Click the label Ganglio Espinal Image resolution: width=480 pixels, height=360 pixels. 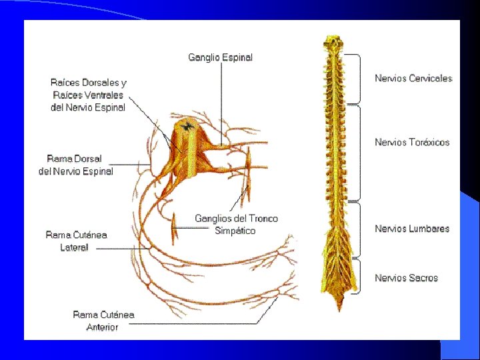click(x=220, y=57)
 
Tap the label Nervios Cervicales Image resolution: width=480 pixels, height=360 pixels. click(x=413, y=79)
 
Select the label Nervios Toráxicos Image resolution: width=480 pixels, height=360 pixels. click(x=412, y=142)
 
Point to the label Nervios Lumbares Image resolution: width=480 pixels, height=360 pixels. click(x=412, y=229)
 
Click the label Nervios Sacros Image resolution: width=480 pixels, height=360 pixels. click(x=406, y=277)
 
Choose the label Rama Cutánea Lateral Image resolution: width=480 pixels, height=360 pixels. click(x=76, y=241)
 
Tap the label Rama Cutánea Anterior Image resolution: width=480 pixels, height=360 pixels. click(x=103, y=321)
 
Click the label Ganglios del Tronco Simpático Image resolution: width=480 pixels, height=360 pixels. click(x=236, y=224)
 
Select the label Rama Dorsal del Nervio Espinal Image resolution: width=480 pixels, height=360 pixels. click(x=76, y=165)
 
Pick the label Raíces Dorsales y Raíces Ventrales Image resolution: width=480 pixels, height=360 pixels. click(x=88, y=95)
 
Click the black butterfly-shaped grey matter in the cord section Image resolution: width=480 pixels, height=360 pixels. click(x=188, y=125)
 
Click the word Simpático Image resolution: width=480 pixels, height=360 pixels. click(x=235, y=231)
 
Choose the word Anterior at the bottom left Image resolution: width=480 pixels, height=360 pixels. click(x=103, y=327)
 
